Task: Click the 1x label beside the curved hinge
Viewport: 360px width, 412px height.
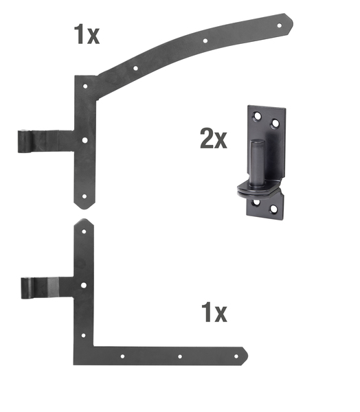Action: tap(86, 34)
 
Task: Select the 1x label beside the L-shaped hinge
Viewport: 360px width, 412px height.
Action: tap(214, 313)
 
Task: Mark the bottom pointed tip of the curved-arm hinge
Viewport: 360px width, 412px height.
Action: tap(84, 206)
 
